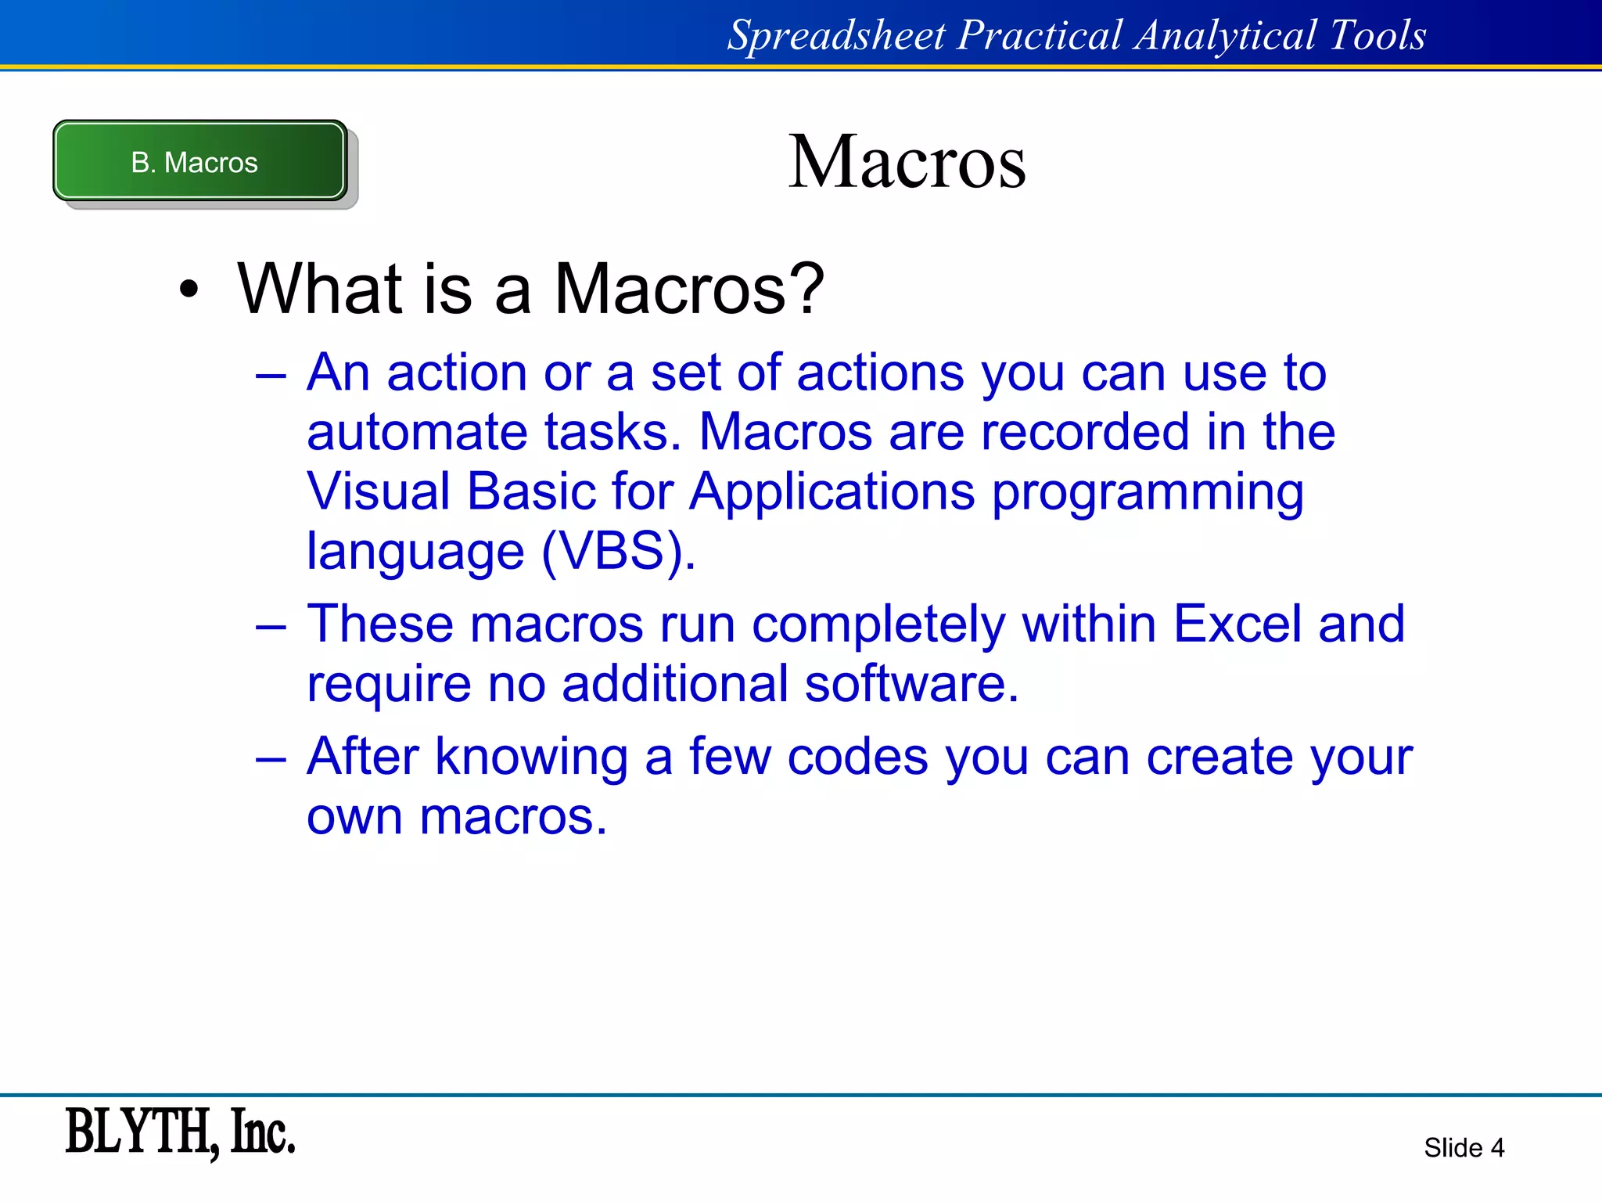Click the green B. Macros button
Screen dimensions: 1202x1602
(199, 161)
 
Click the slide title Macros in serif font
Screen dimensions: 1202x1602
(907, 162)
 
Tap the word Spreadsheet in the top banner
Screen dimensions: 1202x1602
(836, 36)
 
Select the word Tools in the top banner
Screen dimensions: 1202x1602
(1378, 36)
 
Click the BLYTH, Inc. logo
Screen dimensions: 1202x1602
(180, 1132)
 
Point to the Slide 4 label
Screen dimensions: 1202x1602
(1464, 1147)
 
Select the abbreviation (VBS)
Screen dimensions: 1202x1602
(617, 551)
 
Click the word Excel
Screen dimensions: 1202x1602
(1237, 624)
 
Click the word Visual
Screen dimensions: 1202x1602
(378, 491)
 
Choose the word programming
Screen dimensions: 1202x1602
(1148, 493)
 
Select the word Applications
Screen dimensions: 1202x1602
(832, 493)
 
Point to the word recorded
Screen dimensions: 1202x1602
(1084, 432)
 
